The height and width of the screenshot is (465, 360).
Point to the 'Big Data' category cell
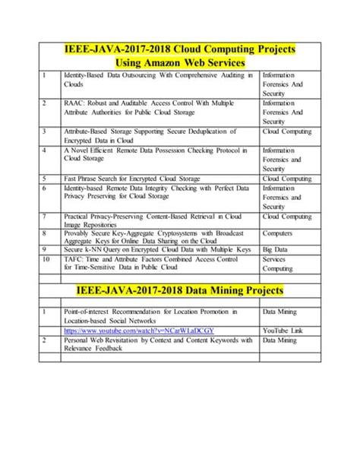coord(276,248)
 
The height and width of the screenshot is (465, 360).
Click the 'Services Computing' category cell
coord(278,263)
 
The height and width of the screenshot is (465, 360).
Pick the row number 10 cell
coord(46,258)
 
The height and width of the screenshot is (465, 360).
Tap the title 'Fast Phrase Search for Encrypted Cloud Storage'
coord(132,179)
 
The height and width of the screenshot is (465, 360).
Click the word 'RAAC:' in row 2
coord(77,103)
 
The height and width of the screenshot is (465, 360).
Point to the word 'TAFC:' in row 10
coord(76,258)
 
